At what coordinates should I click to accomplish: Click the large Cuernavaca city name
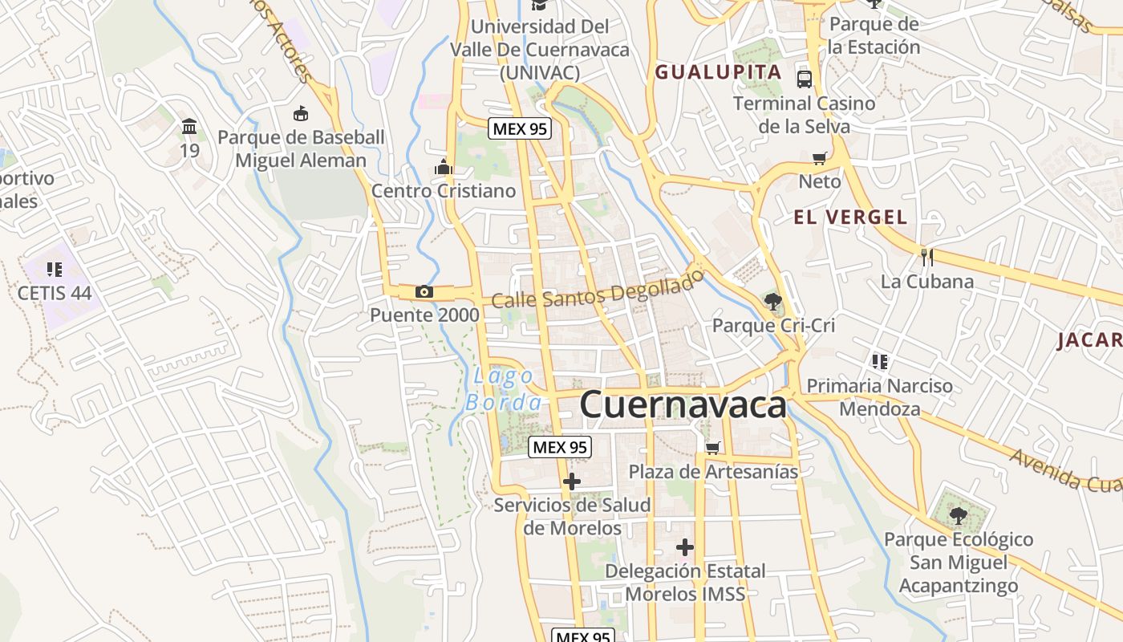683,404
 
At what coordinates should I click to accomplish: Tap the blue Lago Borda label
504,389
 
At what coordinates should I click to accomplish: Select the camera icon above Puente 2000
424,291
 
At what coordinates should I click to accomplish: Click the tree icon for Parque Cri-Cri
773,302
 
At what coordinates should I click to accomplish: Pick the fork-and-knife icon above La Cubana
926,257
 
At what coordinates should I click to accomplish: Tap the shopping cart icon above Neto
819,158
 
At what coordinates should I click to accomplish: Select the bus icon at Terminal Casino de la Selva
805,79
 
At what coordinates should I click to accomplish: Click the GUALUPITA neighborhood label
718,72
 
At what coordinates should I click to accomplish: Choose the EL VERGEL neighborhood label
850,217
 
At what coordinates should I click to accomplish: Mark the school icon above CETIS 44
55,269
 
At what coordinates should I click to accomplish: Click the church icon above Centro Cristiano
443,167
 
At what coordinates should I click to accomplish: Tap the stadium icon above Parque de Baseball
301,113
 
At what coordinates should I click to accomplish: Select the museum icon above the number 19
189,127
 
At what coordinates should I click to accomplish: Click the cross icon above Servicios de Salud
571,481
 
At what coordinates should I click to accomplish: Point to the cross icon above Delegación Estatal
684,547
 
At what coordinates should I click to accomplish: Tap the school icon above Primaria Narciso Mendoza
880,362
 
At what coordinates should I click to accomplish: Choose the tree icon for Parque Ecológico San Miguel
958,514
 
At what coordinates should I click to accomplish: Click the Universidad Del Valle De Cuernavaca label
539,49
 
